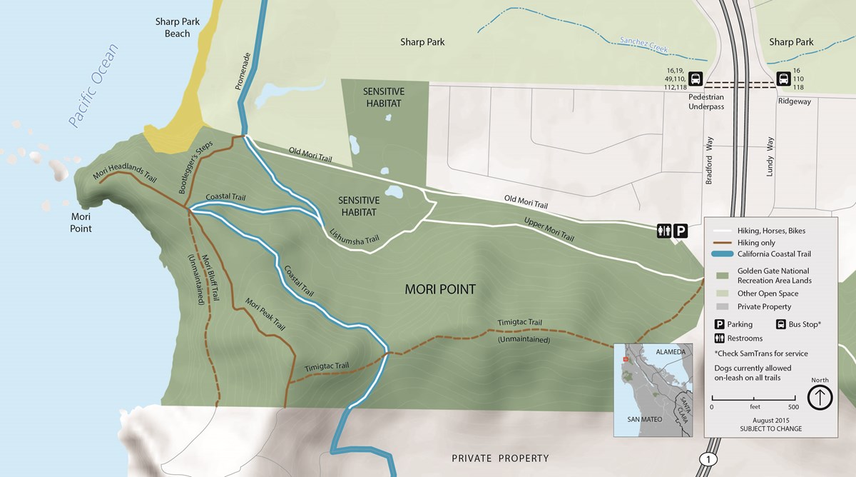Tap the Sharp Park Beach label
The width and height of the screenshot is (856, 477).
[x=178, y=27]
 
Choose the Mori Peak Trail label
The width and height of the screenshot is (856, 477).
[x=265, y=314]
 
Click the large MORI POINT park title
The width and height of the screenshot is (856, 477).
[x=439, y=290]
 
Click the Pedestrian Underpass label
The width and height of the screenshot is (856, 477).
[x=706, y=101]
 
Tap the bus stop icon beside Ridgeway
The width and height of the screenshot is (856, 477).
[x=783, y=79]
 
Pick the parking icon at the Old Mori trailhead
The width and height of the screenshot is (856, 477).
[x=681, y=231]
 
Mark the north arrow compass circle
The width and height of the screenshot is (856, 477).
[x=820, y=397]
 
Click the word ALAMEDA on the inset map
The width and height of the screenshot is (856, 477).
[x=671, y=352]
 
